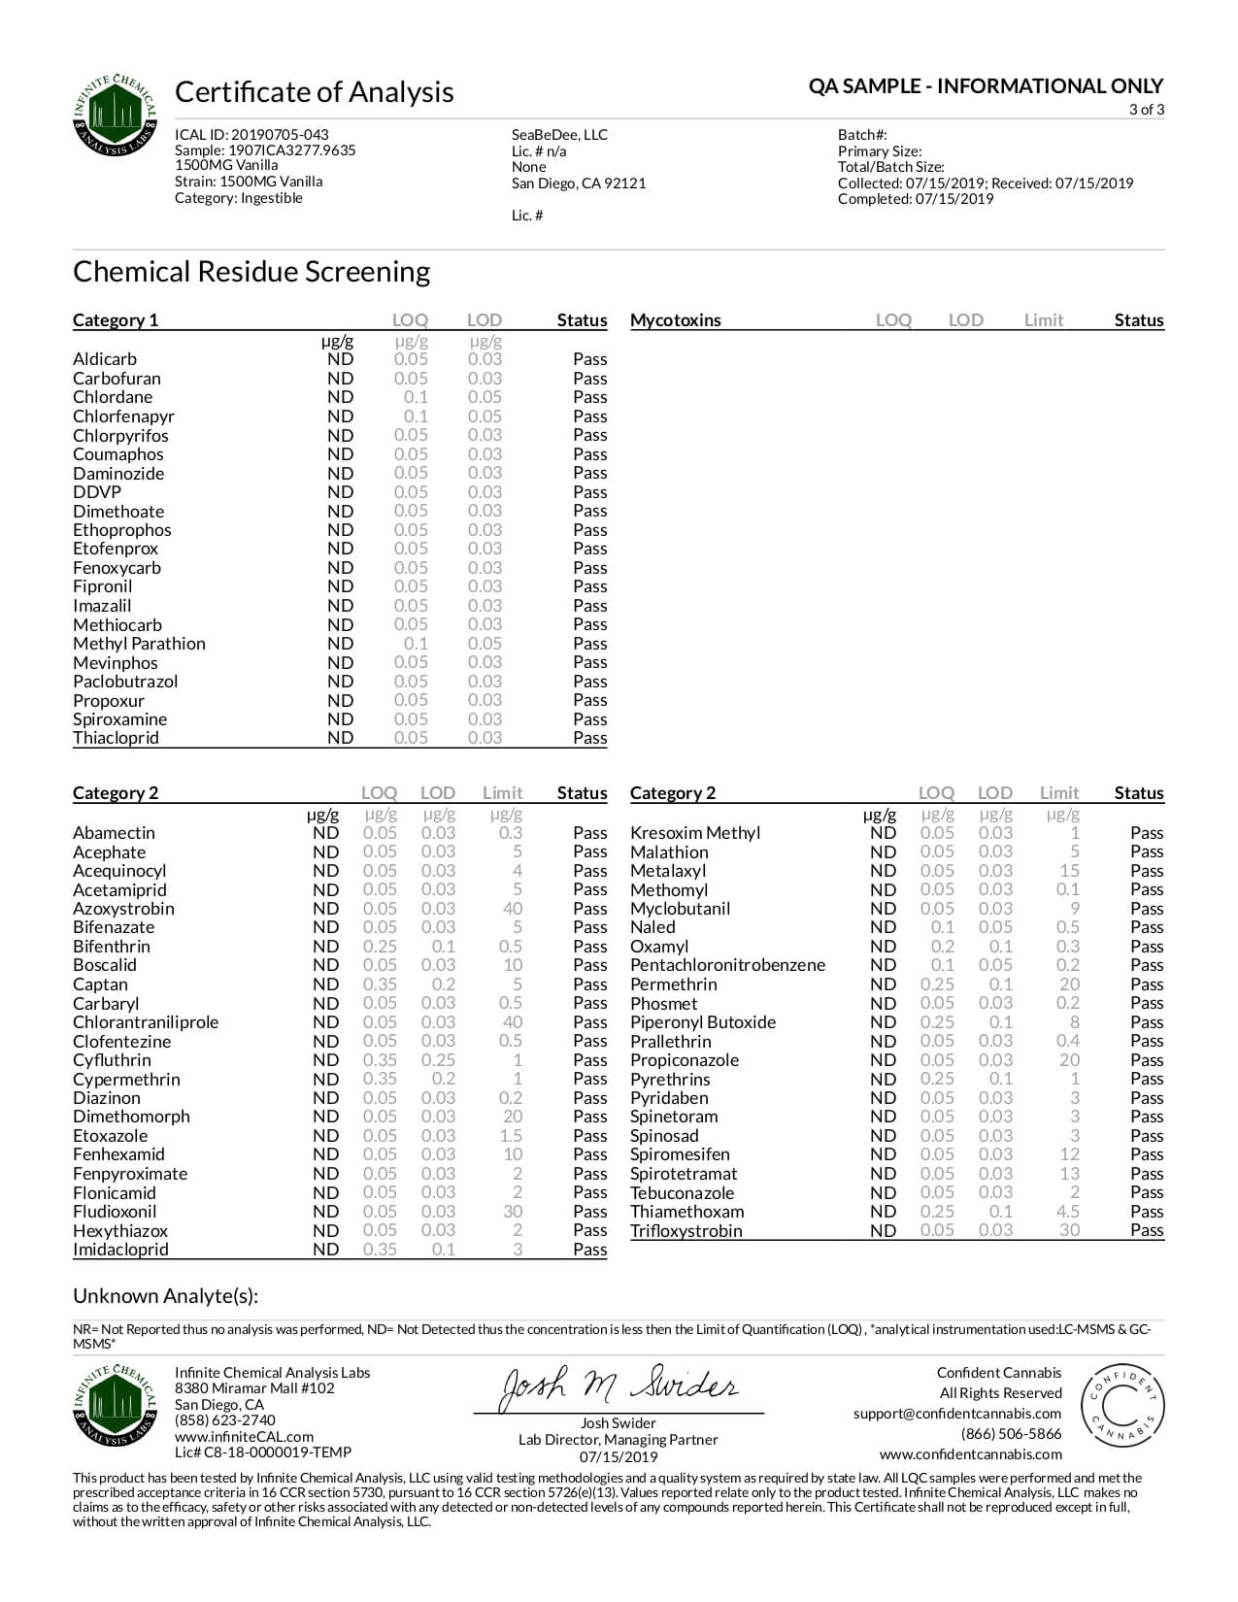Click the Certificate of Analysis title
(x=314, y=92)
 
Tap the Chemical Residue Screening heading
(x=251, y=271)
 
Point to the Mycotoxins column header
(x=676, y=320)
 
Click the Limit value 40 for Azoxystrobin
(x=513, y=909)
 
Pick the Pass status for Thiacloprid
(x=589, y=738)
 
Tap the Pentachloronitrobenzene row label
(x=727, y=965)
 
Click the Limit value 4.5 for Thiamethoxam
(x=1068, y=1212)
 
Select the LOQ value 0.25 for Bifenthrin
(x=380, y=947)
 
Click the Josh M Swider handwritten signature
(x=619, y=1388)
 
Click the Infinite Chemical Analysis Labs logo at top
(x=115, y=115)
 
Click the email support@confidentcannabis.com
(x=957, y=1414)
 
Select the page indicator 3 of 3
(x=1146, y=110)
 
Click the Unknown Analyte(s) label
(x=165, y=1296)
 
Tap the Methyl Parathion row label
(x=139, y=644)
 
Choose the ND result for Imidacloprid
(x=325, y=1250)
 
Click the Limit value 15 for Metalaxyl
(x=1069, y=871)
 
